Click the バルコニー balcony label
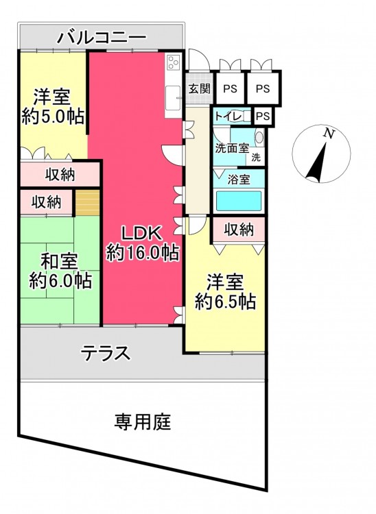tap(102, 37)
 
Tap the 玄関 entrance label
tap(200, 88)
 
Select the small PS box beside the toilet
tap(263, 116)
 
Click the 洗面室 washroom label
tap(232, 148)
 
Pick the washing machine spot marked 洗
tap(256, 158)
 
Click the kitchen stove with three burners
tap(174, 62)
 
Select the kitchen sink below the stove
tap(173, 98)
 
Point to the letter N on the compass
tap(329, 134)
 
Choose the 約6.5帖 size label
tap(226, 302)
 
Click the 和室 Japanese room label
tap(60, 261)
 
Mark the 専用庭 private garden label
tap(143, 422)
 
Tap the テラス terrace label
tap(105, 354)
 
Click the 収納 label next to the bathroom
tap(239, 230)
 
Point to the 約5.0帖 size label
tap(53, 116)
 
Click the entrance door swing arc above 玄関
tap(200, 60)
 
